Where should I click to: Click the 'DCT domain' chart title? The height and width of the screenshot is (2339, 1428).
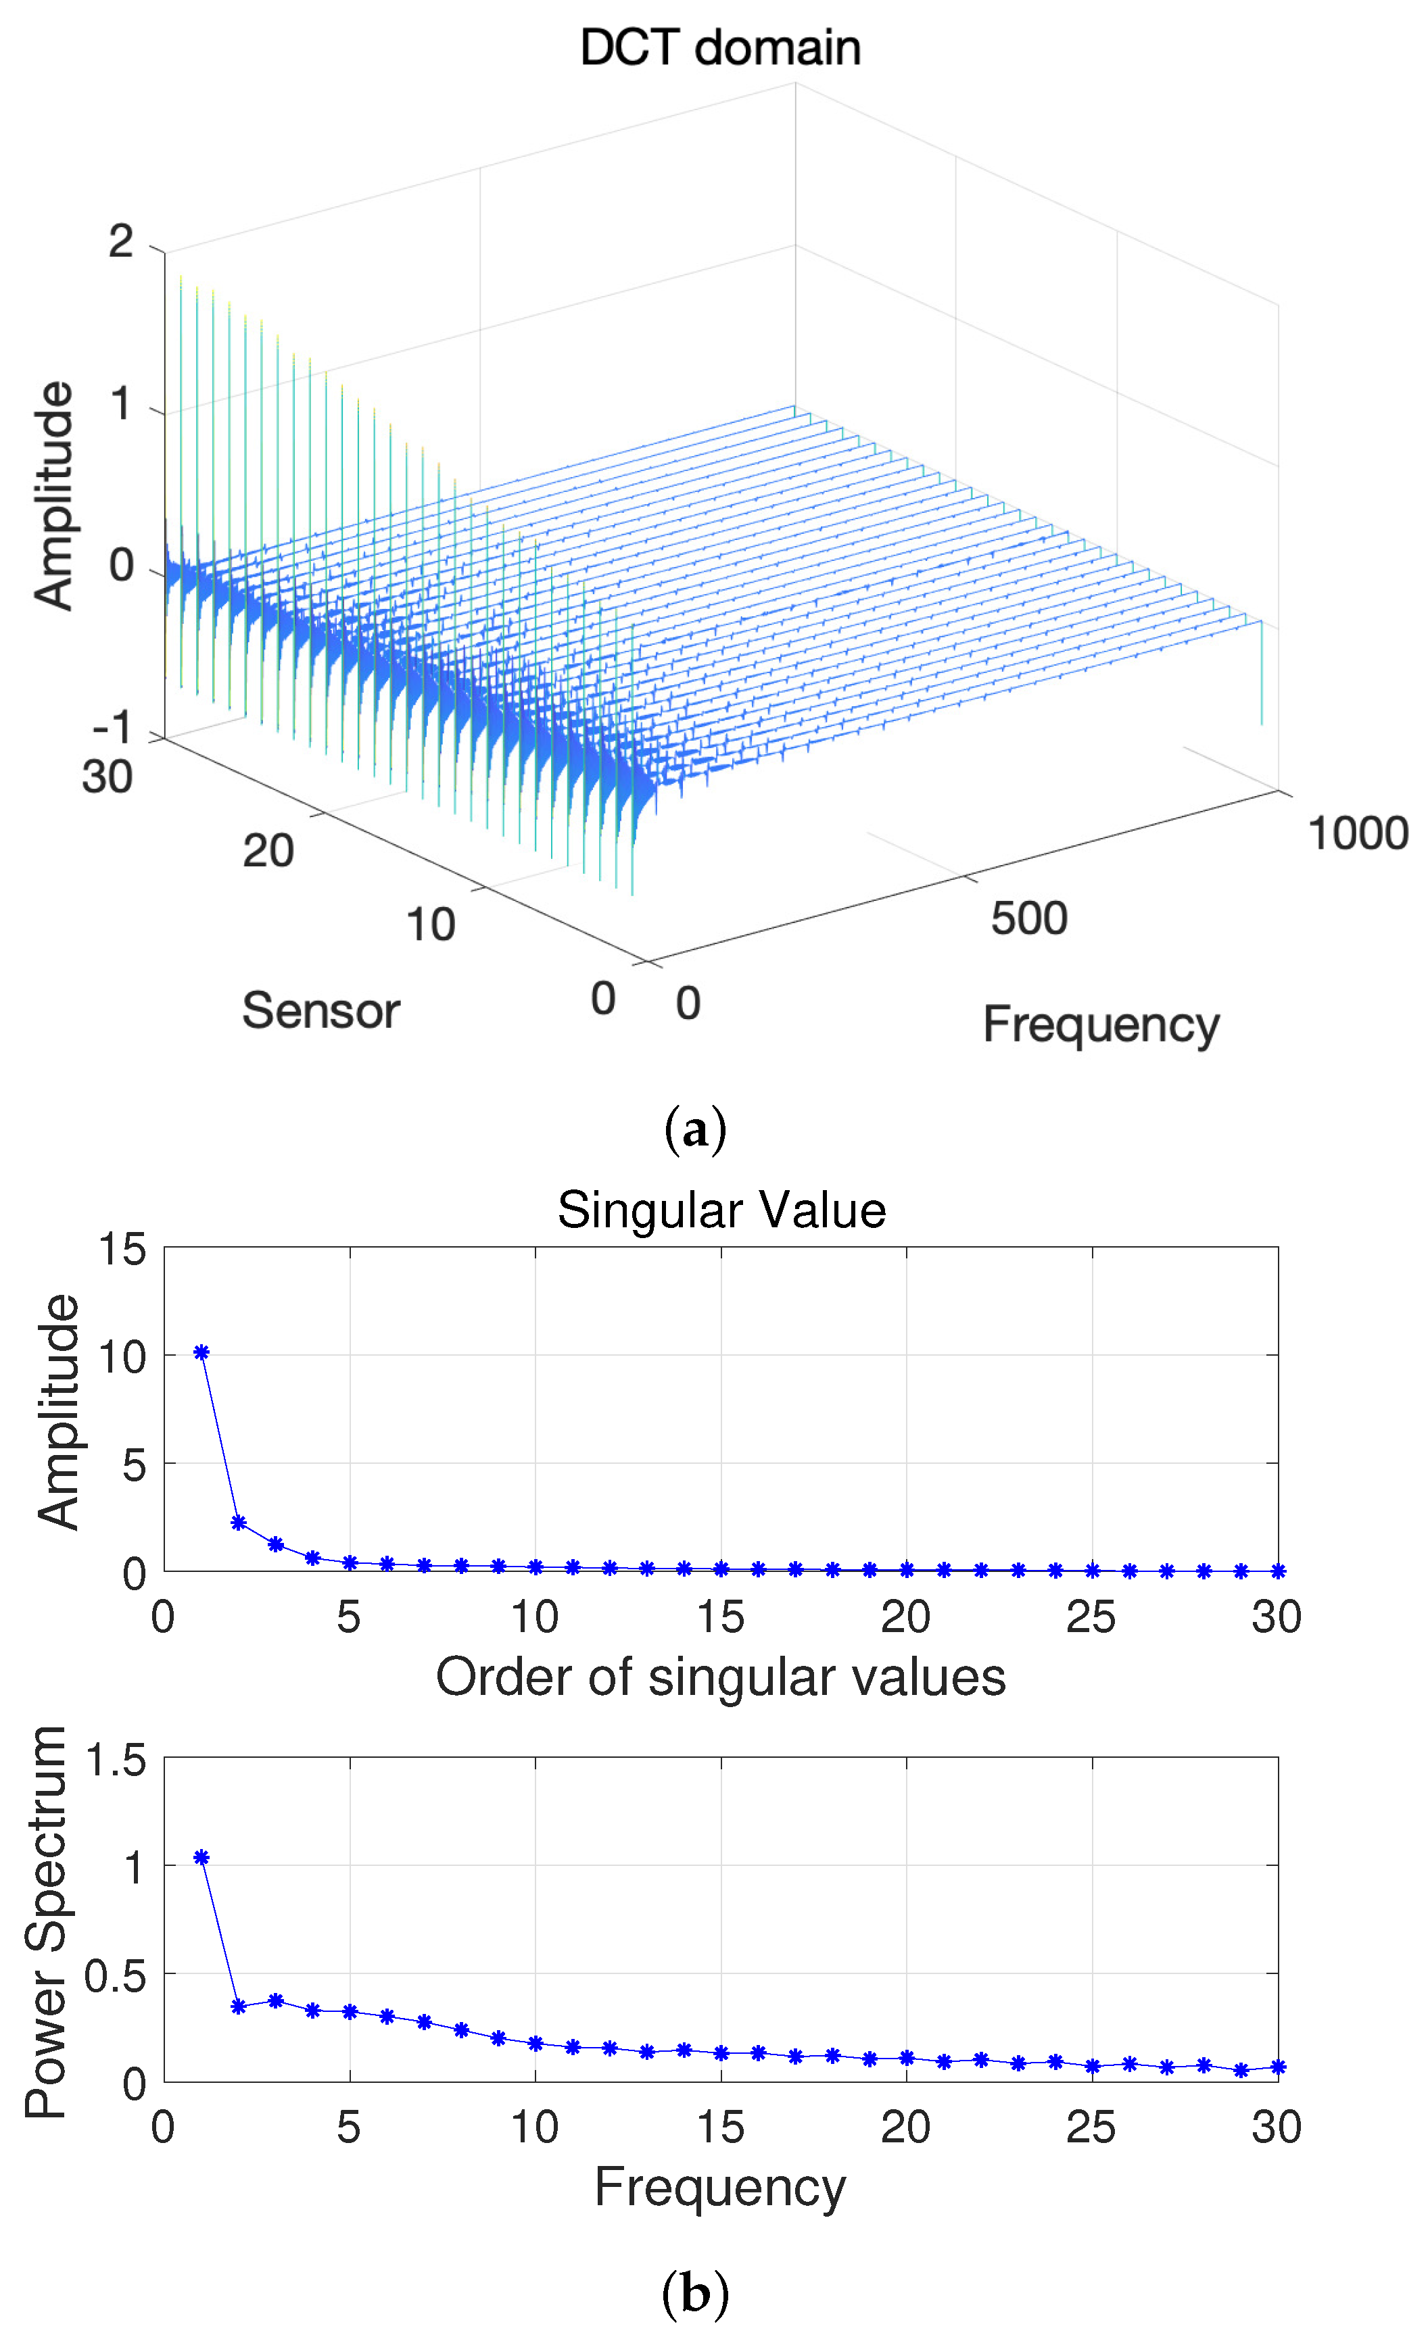coord(719,47)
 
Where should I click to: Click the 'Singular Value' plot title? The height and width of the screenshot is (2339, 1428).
coord(721,1210)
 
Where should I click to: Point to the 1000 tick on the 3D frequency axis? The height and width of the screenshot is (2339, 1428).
coord(1357,833)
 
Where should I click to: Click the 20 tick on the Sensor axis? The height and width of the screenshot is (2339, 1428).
coord(268,851)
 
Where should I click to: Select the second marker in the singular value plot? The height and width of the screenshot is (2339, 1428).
coord(238,1523)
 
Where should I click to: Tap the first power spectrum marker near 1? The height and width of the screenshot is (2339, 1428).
coord(201,1858)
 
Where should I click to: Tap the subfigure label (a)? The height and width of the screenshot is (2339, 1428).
coord(695,1130)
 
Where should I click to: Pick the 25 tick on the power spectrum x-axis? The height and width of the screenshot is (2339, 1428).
coord(1090,2128)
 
